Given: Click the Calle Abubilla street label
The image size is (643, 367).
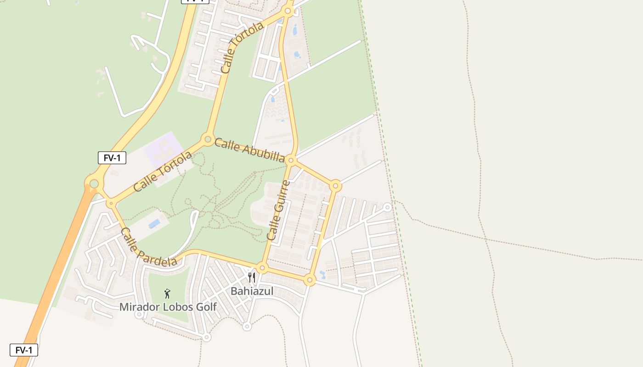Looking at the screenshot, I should pyautogui.click(x=249, y=150).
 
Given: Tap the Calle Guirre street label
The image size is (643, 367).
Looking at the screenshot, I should pyautogui.click(x=278, y=210).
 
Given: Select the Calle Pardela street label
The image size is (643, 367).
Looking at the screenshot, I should pyautogui.click(x=148, y=247).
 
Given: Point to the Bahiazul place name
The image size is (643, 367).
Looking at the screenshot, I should pyautogui.click(x=252, y=291).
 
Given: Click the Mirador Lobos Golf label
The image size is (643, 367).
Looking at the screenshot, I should pyautogui.click(x=168, y=307).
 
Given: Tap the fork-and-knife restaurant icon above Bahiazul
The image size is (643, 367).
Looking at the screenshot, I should pyautogui.click(x=251, y=277).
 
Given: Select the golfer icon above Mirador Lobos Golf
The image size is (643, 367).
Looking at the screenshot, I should pyautogui.click(x=167, y=293).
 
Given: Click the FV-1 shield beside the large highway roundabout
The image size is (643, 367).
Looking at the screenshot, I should pyautogui.click(x=112, y=158).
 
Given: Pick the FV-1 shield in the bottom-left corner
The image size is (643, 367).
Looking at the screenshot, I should pyautogui.click(x=24, y=350).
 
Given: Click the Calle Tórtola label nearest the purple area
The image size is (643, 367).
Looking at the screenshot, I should pyautogui.click(x=163, y=172).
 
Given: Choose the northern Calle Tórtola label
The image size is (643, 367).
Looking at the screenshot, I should pyautogui.click(x=242, y=48).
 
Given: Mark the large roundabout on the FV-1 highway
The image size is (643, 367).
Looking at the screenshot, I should pyautogui.click(x=94, y=184).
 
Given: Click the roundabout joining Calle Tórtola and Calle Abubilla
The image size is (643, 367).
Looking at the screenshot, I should pyautogui.click(x=208, y=139).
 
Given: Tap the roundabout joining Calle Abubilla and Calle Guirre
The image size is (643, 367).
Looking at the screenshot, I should pyautogui.click(x=291, y=161).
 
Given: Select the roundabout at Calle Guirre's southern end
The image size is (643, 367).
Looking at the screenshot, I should pyautogui.click(x=262, y=267).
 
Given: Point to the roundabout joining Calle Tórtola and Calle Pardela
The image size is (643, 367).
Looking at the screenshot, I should pyautogui.click(x=111, y=203).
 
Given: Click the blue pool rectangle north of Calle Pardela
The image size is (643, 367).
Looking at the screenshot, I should pyautogui.click(x=154, y=223).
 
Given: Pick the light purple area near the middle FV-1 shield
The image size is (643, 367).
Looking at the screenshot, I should pyautogui.click(x=163, y=149).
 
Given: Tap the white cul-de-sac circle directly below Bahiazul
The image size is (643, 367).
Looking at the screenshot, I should pyautogui.click(x=247, y=327).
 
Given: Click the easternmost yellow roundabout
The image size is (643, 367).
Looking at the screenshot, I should pyautogui.click(x=336, y=186).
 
